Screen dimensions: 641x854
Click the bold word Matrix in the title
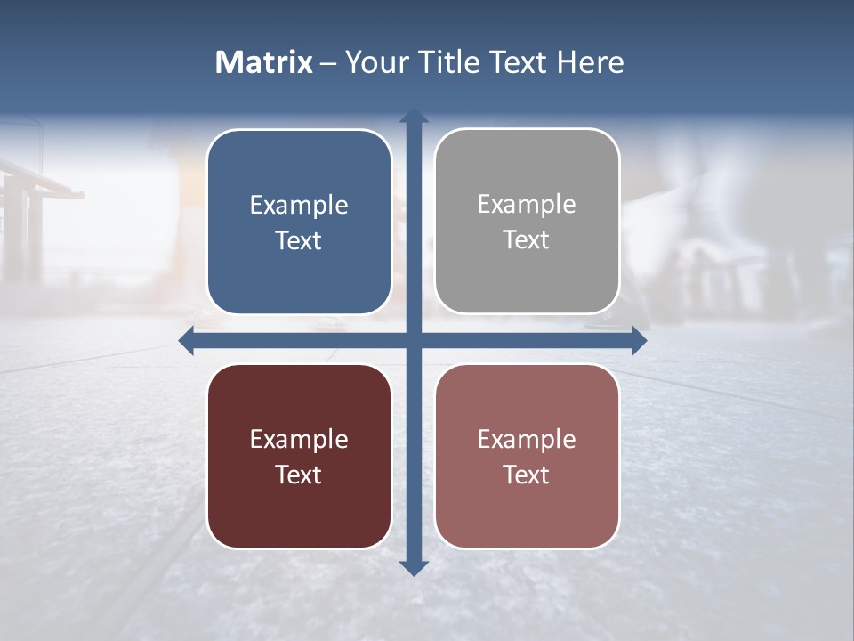coord(263,62)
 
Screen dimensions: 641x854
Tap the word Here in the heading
coord(590,62)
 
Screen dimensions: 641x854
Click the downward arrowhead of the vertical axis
coord(414,567)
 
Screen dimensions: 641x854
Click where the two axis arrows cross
coord(414,340)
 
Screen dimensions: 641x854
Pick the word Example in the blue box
coord(299,206)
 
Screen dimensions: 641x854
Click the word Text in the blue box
coord(299,240)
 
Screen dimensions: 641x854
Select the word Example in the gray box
coord(527,205)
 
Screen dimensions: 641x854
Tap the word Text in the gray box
coord(527,239)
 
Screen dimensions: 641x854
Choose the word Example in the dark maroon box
coord(299,440)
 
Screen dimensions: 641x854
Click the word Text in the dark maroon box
coord(299,475)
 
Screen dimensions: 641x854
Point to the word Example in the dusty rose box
coord(527,440)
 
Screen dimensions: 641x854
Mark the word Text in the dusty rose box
coord(527,475)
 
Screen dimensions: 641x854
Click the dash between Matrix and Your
coord(328,62)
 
